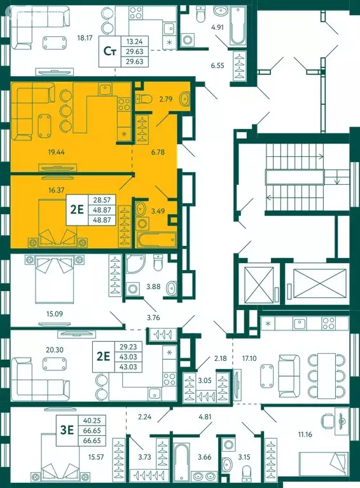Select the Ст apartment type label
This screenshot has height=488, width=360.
point(109,51)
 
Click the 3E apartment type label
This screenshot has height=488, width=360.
point(67,430)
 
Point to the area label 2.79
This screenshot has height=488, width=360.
point(165,100)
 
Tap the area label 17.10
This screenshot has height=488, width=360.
point(249,358)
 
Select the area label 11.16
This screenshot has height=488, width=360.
point(305,434)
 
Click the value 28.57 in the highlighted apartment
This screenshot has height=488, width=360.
point(100,200)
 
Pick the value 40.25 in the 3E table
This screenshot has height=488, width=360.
point(92,421)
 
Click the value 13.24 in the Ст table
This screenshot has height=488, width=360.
point(135,41)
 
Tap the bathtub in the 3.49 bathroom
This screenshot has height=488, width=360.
point(156,240)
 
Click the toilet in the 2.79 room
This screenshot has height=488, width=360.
point(144,99)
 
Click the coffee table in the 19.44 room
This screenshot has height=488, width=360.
point(45,126)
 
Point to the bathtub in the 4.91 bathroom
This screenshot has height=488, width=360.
point(239,26)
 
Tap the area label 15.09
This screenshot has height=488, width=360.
point(55,314)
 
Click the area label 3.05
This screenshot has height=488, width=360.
point(204,380)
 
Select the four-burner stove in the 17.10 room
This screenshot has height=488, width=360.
point(329,323)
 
